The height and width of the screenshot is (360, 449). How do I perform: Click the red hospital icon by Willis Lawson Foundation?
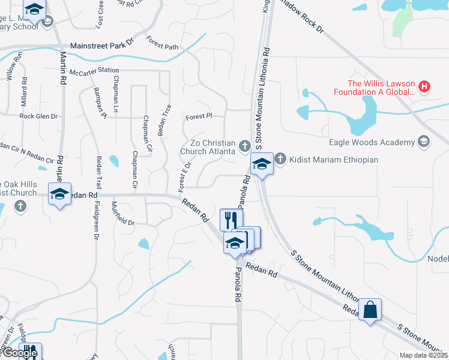(424, 87)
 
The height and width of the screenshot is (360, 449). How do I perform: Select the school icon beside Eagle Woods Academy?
(424, 142)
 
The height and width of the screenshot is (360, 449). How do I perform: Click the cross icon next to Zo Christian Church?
(244, 145)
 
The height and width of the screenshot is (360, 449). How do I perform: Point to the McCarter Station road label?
(94, 71)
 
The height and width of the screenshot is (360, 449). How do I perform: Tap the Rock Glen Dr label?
(38, 116)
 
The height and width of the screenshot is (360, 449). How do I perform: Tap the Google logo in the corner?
(19, 353)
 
